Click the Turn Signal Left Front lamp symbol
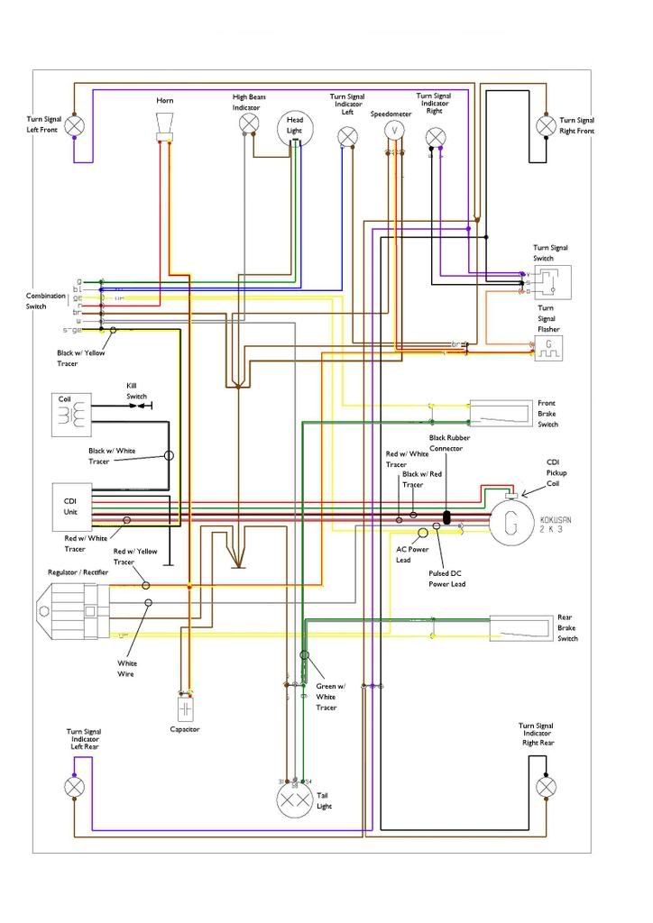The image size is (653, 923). click(75, 124)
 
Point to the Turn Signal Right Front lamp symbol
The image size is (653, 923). click(545, 124)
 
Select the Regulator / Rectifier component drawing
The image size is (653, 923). click(72, 610)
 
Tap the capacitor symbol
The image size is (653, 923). click(186, 709)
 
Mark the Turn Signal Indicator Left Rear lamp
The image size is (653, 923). click(75, 786)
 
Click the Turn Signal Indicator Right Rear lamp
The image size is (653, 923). click(545, 786)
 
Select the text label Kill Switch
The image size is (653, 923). click(136, 391)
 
